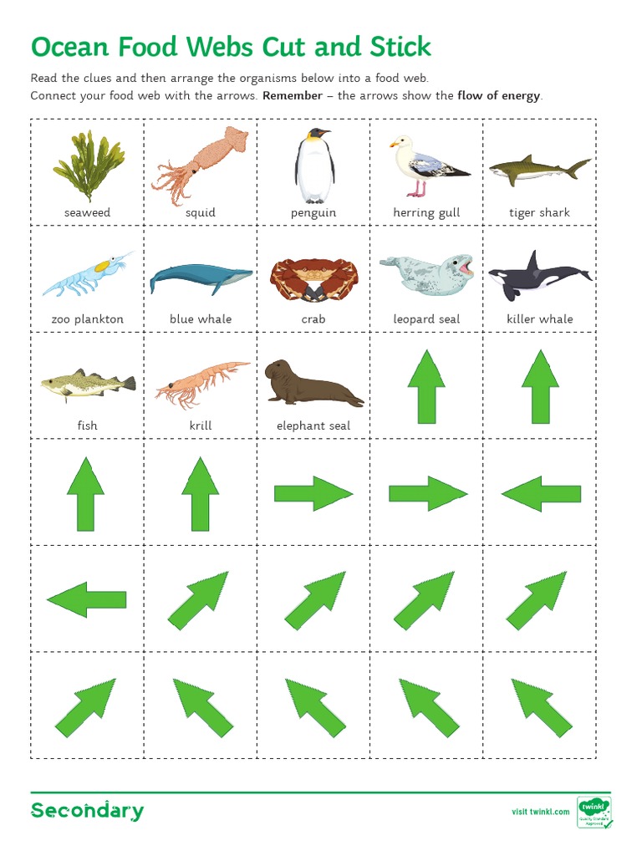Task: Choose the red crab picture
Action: (313, 278)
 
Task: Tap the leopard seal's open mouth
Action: (464, 268)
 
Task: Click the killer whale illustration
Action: (539, 275)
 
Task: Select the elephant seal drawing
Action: (313, 384)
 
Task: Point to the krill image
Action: (201, 385)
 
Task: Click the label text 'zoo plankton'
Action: (87, 319)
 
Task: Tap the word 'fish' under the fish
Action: (87, 425)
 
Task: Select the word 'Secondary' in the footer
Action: (87, 811)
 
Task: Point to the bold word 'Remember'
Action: (292, 95)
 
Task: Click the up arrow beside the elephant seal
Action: (426, 385)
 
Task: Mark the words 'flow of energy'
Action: (499, 95)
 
